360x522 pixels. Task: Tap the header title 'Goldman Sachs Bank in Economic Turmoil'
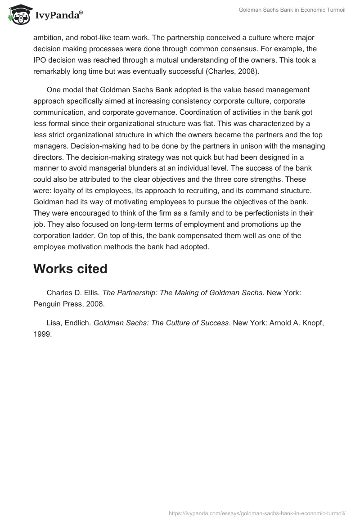pyautogui.click(x=292, y=10)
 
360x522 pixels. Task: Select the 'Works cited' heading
pyautogui.click(x=70, y=269)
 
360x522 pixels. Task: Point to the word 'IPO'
pyautogui.click(x=40, y=60)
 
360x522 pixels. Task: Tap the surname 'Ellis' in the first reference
pyautogui.click(x=90, y=293)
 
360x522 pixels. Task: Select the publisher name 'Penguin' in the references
pyautogui.click(x=47, y=304)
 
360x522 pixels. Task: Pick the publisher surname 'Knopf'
pyautogui.click(x=311, y=323)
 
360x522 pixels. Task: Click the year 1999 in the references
pyautogui.click(x=43, y=334)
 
